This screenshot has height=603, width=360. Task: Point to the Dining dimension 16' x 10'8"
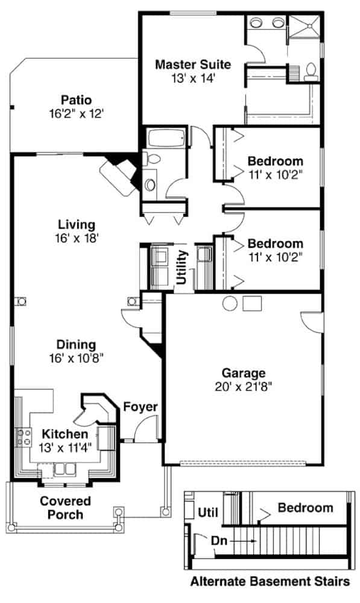[76, 358]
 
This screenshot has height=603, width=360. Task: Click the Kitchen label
[65, 434]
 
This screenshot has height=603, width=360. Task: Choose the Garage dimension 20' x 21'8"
[242, 387]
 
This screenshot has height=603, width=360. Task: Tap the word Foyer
[140, 407]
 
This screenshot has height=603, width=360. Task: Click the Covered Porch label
[66, 508]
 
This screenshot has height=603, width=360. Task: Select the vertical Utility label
[182, 267]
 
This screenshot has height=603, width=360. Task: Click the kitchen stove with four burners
[25, 437]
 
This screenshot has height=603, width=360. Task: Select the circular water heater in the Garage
[230, 303]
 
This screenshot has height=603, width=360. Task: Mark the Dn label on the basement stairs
[218, 541]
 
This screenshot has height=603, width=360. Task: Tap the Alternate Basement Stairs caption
[270, 582]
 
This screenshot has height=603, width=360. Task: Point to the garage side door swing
[311, 323]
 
